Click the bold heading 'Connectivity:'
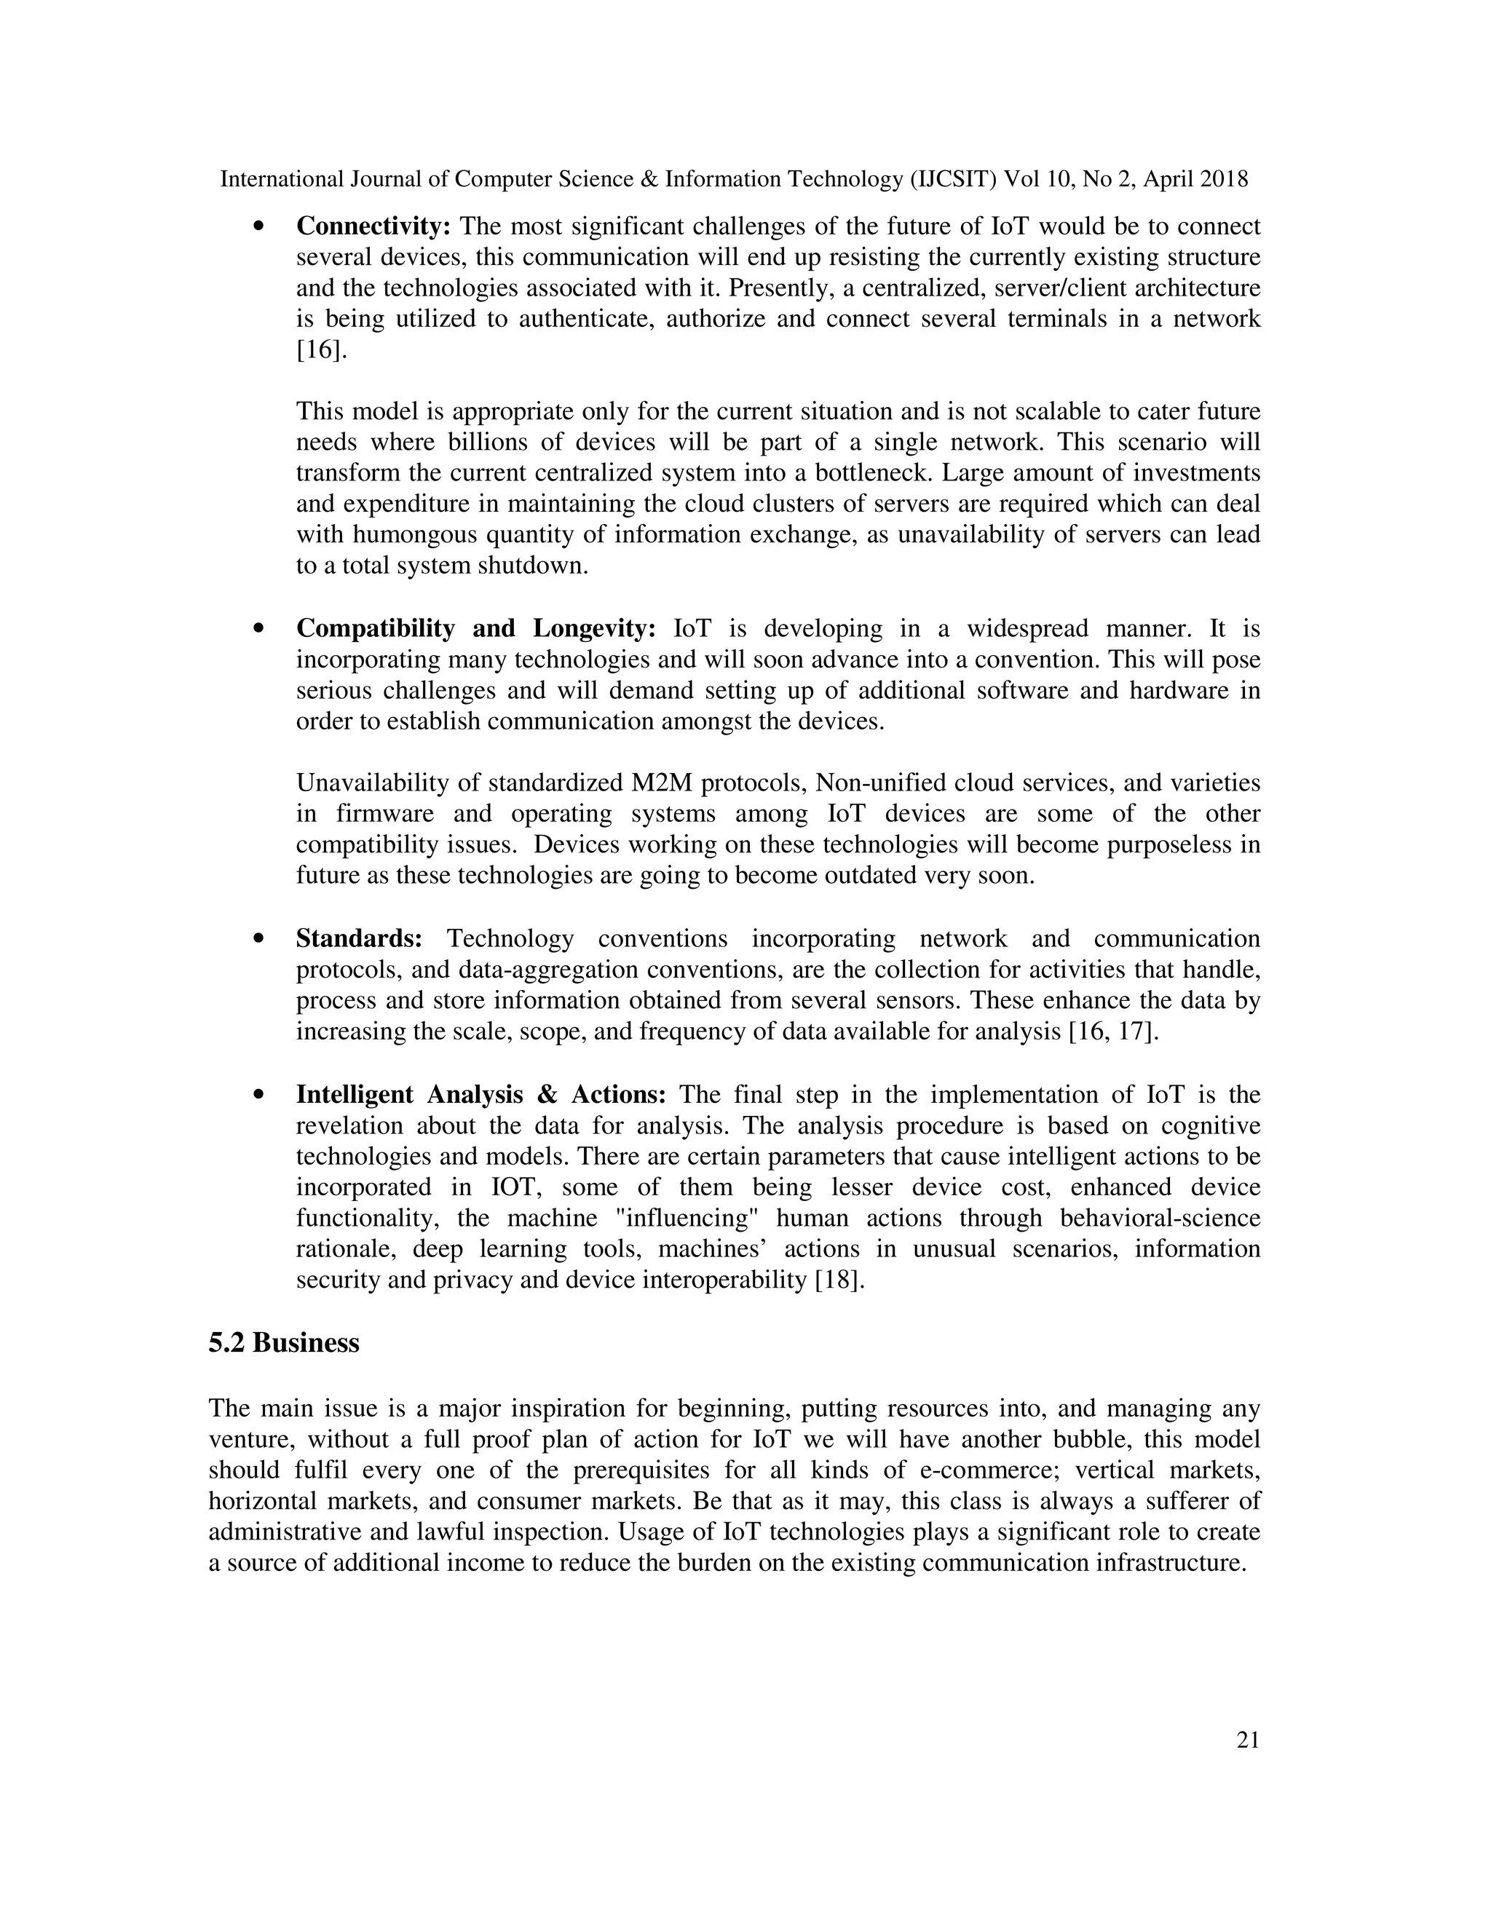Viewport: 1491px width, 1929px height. (373, 227)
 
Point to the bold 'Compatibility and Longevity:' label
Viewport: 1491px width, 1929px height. (475, 629)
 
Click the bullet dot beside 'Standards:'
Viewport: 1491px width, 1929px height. (258, 940)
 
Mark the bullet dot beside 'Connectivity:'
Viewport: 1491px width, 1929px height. (258, 227)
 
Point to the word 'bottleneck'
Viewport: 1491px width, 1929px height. (873, 473)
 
